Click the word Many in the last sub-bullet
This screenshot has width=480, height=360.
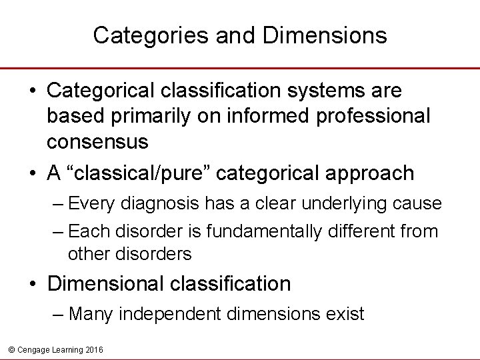tap(91, 313)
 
